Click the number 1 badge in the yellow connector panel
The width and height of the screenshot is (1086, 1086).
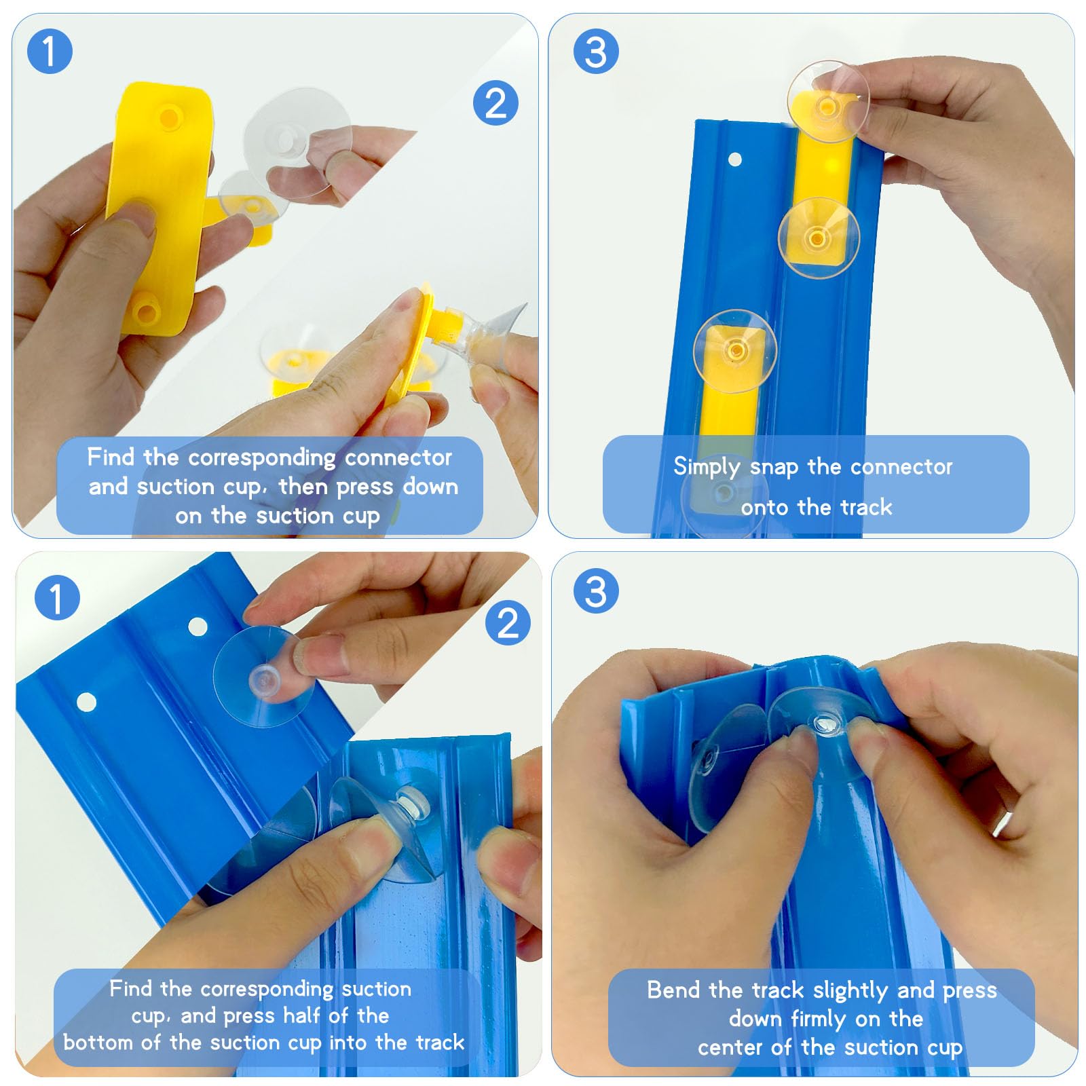click(x=50, y=51)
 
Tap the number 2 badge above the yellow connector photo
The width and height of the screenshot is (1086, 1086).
click(x=495, y=103)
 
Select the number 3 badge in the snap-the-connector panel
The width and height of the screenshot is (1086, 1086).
click(x=596, y=52)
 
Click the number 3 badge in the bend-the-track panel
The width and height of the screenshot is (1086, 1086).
click(x=596, y=591)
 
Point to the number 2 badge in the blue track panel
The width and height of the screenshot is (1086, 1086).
click(x=508, y=622)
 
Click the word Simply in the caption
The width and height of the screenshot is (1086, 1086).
click(x=707, y=468)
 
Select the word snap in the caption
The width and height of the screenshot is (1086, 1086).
click(x=774, y=468)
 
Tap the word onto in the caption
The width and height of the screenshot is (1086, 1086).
click(x=766, y=508)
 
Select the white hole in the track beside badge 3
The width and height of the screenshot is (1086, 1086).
click(x=734, y=160)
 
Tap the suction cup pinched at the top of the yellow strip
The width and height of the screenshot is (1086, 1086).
click(x=828, y=102)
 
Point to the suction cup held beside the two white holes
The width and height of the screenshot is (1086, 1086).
click(x=263, y=677)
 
